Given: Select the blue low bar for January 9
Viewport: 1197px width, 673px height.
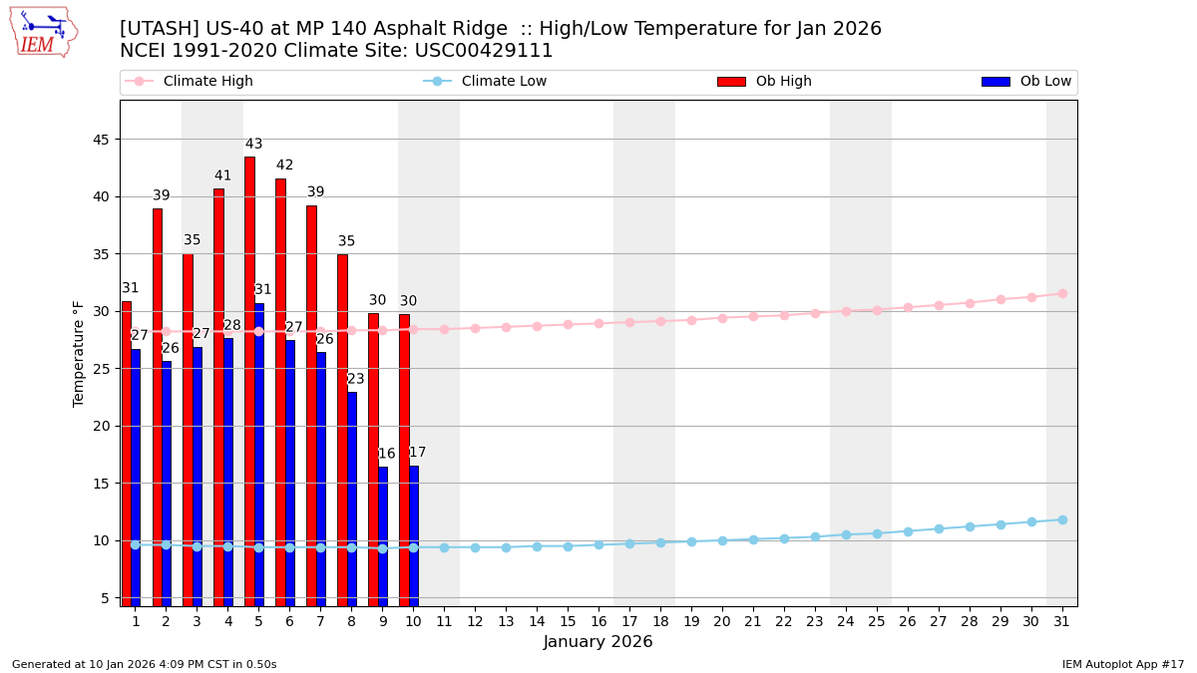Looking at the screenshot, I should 383,535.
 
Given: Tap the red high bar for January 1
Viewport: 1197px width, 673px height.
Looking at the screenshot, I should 126,453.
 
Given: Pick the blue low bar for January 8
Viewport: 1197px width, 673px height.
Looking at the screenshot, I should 352,499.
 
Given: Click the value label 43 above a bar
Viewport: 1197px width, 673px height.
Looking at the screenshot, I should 254,145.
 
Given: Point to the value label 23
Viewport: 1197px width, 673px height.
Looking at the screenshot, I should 356,379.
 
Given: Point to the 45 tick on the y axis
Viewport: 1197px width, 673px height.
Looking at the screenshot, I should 100,140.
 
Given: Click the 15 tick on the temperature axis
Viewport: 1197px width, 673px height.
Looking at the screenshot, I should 100,484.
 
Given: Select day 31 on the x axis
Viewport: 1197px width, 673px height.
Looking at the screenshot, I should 1062,621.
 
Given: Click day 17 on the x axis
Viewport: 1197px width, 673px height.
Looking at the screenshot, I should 629,621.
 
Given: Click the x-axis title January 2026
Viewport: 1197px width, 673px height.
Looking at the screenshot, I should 598,642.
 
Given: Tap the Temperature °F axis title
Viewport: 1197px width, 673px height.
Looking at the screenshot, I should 80,353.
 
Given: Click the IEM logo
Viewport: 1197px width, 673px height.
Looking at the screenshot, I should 43,32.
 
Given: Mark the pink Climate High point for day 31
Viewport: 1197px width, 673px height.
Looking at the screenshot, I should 1062,293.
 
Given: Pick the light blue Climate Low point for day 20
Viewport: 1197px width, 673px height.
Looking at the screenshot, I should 722,540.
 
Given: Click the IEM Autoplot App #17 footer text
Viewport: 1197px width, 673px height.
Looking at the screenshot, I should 1123,664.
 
